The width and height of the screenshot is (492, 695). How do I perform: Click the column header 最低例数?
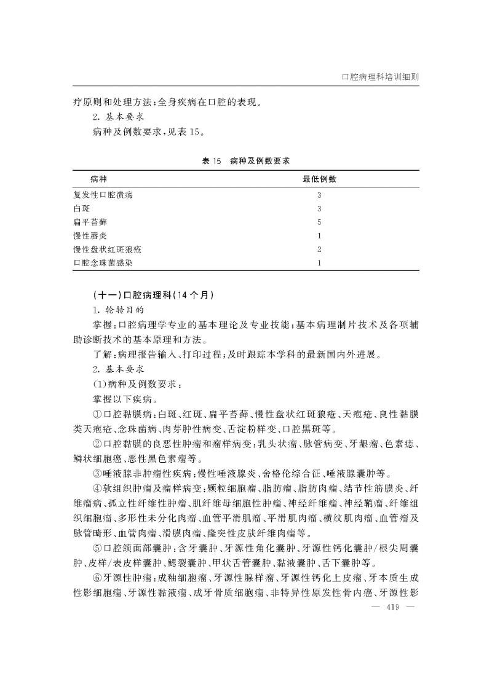319,179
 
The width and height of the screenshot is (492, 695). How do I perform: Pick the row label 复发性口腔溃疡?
102,195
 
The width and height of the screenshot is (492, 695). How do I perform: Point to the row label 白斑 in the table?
81,208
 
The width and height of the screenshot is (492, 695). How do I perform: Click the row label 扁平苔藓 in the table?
90,222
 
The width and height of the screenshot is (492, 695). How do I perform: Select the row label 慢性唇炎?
90,235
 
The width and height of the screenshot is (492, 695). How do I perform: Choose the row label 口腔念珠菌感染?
102,263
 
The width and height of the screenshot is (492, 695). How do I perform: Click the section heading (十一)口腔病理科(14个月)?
153,294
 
